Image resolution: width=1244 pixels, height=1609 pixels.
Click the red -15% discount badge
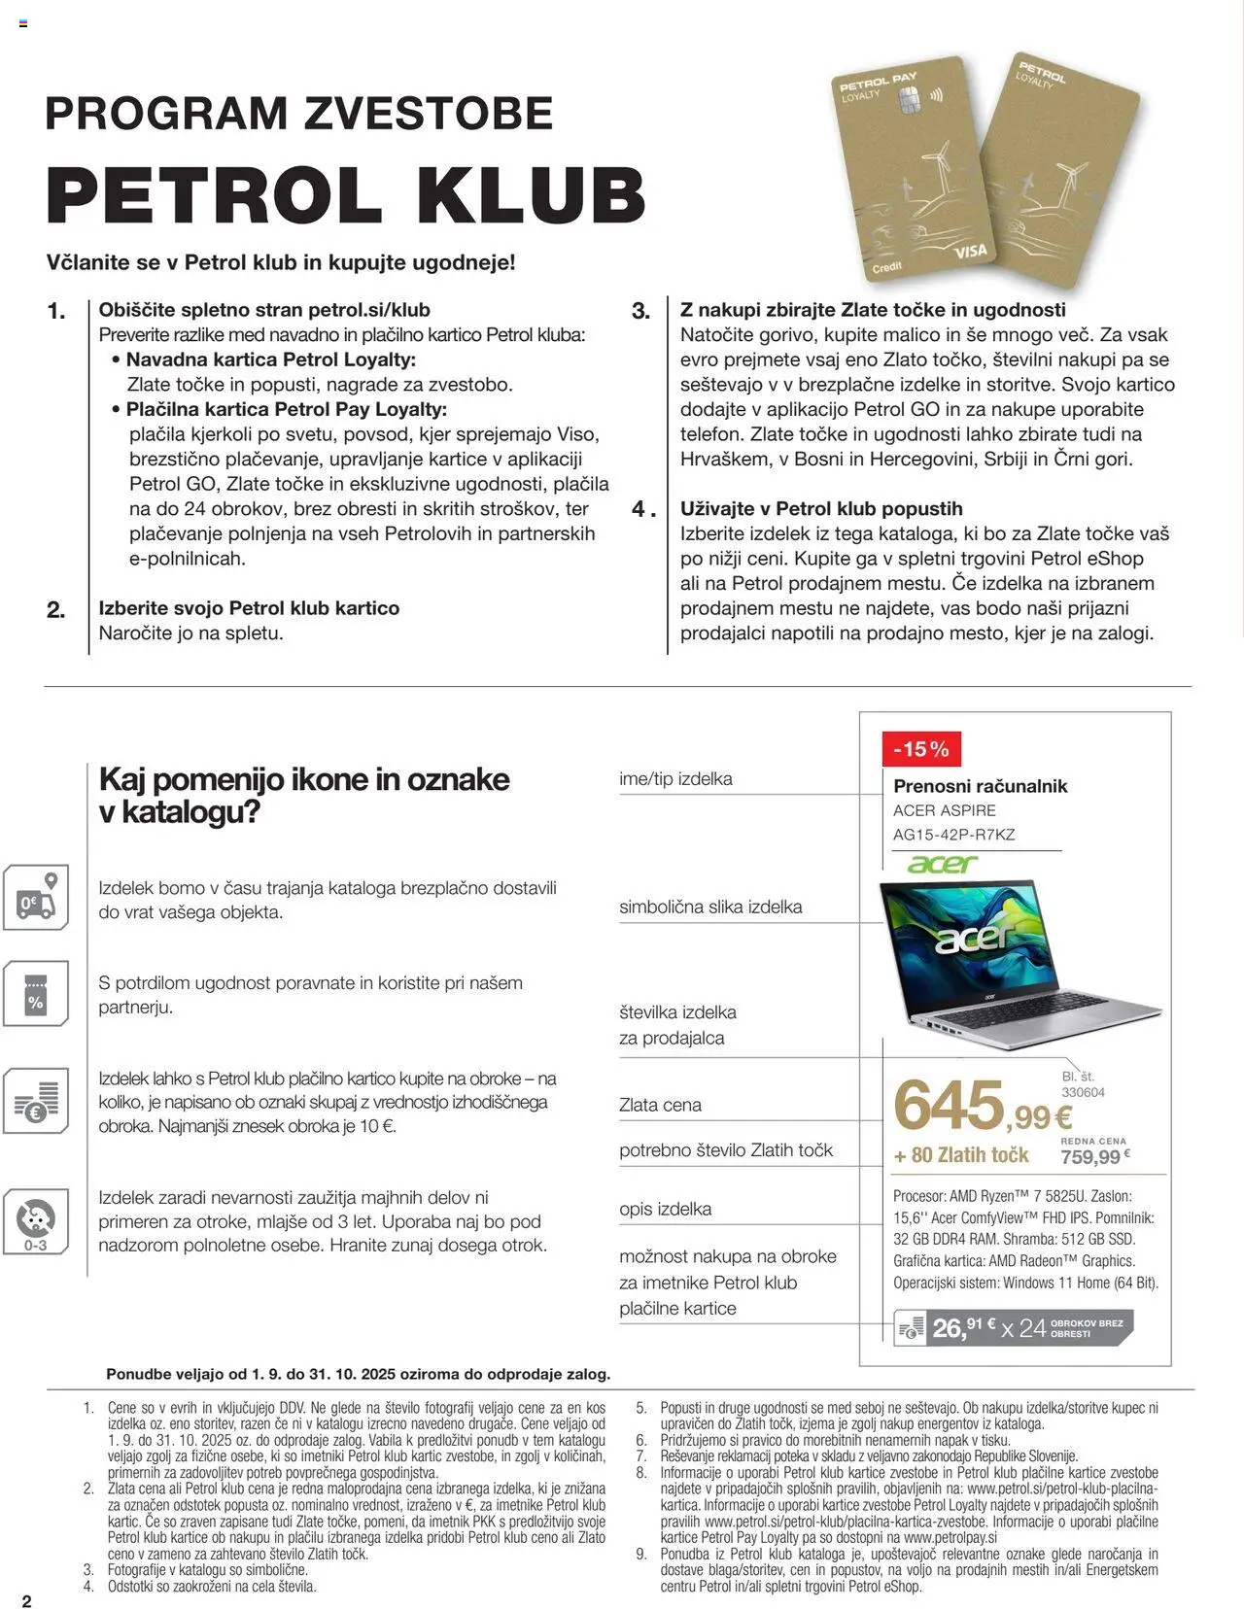(921, 749)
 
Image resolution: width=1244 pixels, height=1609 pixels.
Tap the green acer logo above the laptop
(942, 863)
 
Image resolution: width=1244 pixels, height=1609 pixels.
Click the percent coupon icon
(36, 994)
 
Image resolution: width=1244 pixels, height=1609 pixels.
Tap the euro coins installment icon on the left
(36, 1102)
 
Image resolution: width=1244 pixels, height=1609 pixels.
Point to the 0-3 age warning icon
(36, 1221)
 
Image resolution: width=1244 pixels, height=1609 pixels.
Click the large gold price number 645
(949, 1106)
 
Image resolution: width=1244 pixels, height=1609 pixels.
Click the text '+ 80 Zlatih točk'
(960, 1155)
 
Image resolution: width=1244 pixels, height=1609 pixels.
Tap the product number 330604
(1083, 1092)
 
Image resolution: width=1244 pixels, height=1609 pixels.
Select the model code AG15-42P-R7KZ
(953, 834)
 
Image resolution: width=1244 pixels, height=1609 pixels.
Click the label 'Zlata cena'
(660, 1105)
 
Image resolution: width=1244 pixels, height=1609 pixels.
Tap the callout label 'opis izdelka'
(665, 1209)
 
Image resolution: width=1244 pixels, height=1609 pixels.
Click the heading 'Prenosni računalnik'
(980, 786)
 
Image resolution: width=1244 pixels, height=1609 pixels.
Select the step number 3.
(640, 311)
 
